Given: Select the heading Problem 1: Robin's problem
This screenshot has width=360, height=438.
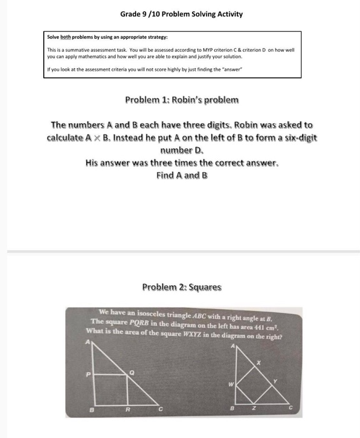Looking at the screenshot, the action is [182, 100].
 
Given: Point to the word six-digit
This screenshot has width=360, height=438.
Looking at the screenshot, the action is [296, 138].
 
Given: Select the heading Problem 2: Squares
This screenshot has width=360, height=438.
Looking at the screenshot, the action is [182, 287].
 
